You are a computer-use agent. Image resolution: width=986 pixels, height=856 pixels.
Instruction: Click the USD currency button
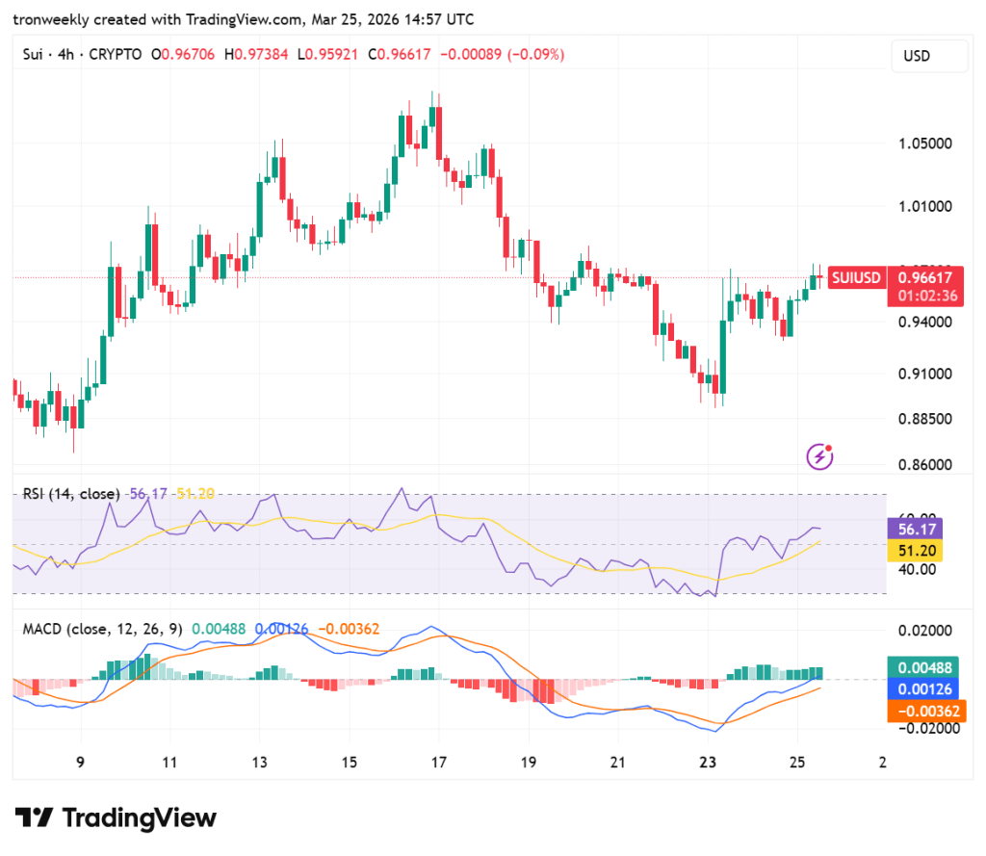pyautogui.click(x=929, y=56)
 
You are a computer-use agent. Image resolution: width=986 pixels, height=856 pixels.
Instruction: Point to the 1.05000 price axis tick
pyautogui.click(x=925, y=143)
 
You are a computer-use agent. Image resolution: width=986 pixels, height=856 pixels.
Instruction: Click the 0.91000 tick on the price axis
pyautogui.click(x=925, y=374)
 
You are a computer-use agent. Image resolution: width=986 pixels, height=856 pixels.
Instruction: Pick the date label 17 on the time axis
pyautogui.click(x=439, y=763)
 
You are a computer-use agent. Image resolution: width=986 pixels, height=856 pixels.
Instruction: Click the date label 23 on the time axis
pyautogui.click(x=709, y=763)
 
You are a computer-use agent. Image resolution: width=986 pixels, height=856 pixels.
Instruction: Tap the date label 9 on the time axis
pyautogui.click(x=81, y=763)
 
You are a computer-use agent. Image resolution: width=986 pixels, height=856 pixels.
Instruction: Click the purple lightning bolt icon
pyautogui.click(x=819, y=455)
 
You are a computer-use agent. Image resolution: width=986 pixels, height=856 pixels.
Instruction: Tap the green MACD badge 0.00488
pyautogui.click(x=925, y=667)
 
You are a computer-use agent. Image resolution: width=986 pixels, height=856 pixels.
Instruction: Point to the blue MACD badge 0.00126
pyautogui.click(x=925, y=689)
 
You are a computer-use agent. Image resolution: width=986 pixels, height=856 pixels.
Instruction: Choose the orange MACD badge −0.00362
pyautogui.click(x=925, y=712)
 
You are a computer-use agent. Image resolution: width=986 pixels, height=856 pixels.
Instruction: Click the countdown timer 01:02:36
pyautogui.click(x=927, y=296)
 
